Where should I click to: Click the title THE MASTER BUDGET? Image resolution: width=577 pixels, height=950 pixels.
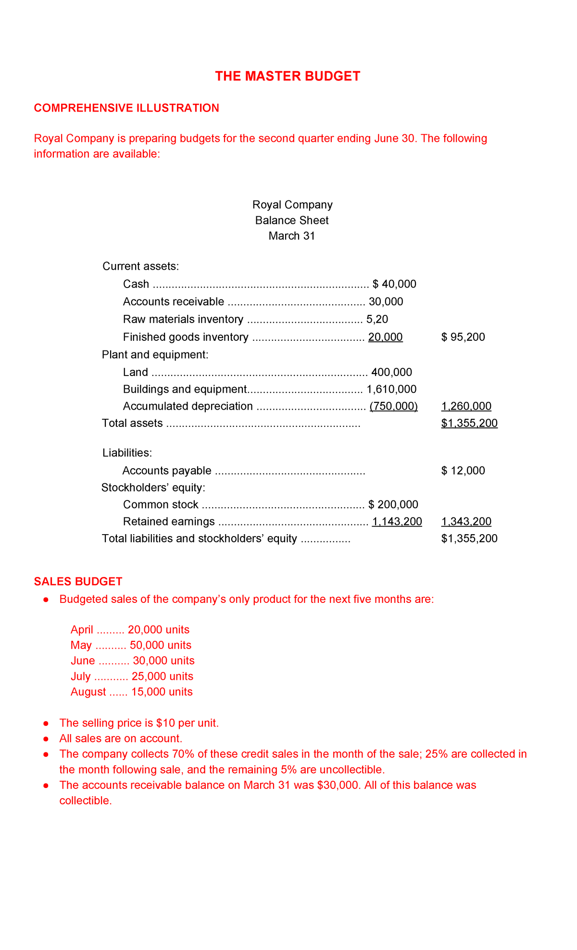tap(288, 76)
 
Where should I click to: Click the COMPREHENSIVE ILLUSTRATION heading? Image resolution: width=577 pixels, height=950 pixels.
tap(126, 108)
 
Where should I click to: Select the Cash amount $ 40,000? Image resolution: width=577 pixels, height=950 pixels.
tap(394, 284)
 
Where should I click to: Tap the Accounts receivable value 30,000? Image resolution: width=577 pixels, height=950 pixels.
tap(386, 302)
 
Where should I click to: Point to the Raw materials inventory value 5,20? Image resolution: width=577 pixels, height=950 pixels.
tap(377, 320)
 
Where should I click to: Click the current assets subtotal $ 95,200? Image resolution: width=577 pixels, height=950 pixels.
tap(463, 337)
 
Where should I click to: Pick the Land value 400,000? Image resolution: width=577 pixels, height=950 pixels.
tap(391, 372)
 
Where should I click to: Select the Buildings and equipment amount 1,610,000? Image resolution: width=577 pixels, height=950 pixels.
tap(391, 389)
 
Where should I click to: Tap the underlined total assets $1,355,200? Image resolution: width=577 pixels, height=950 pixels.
tap(469, 424)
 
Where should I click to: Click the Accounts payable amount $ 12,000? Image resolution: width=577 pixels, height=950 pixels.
tap(463, 471)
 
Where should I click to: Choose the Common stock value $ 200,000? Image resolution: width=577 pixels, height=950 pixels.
tap(393, 505)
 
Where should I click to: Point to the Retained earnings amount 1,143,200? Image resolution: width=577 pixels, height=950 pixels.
tap(397, 522)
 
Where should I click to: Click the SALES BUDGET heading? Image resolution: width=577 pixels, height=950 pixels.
tap(78, 582)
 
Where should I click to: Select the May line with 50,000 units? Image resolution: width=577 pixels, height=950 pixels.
tap(131, 645)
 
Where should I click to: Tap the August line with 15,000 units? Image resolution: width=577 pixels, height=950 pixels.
tap(131, 692)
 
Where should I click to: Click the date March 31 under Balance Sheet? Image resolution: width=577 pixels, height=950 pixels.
tap(291, 236)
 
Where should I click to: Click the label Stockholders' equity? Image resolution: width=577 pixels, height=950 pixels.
tap(153, 488)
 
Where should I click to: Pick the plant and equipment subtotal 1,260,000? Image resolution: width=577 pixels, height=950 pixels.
tap(466, 407)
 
